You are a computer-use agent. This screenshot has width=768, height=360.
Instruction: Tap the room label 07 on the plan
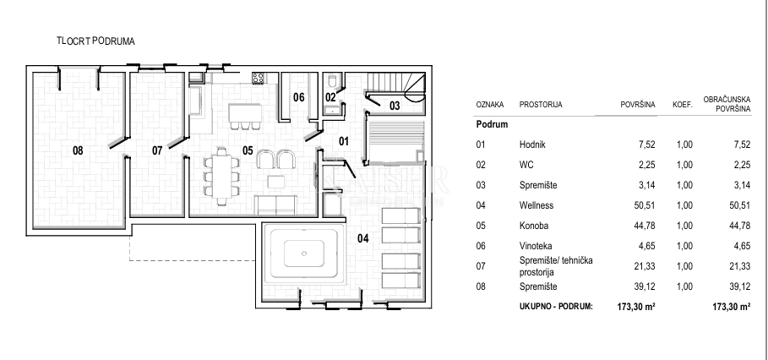point(157,150)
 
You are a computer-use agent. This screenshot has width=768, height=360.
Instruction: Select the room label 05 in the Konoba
point(248,150)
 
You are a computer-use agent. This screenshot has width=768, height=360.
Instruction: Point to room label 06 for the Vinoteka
point(298,97)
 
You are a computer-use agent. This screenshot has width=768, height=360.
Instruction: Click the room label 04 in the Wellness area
point(363,238)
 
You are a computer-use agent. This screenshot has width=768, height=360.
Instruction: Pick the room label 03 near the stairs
point(395,106)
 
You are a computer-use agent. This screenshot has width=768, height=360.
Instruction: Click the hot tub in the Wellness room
point(302,252)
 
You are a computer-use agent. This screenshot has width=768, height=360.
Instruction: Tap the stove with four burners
point(259,78)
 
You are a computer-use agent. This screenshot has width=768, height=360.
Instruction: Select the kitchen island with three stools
point(245,113)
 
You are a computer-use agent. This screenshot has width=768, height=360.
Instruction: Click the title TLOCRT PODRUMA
point(95,40)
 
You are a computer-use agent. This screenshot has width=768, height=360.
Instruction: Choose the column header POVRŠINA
point(638,105)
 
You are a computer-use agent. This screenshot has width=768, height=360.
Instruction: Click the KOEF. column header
point(682,105)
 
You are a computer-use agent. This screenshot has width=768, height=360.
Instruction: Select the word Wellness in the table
point(537,205)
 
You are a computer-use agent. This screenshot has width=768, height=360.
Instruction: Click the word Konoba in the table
point(534,225)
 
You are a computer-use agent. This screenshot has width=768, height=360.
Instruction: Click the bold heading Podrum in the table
point(492,124)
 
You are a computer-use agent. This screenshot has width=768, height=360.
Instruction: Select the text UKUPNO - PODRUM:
point(555,307)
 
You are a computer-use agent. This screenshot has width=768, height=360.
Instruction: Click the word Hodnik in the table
point(532,145)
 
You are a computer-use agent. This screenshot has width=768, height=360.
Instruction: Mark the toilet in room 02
point(333,82)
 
